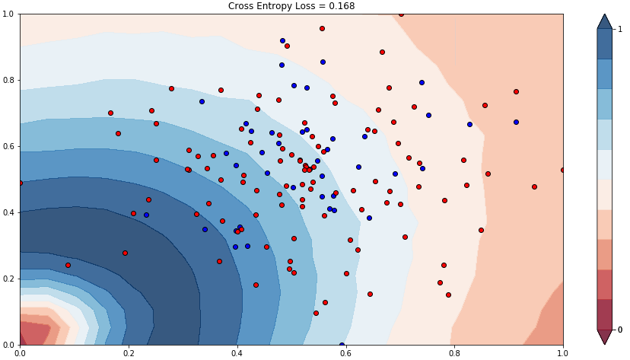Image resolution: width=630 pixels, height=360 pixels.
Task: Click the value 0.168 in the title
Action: tap(342, 6)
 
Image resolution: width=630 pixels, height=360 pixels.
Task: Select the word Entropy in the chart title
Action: tap(276, 6)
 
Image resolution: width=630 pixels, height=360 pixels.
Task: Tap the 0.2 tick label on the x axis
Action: tap(129, 353)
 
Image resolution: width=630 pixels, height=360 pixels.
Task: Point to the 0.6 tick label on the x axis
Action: tap(345, 353)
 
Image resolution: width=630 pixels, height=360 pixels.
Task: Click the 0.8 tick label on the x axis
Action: tap(454, 353)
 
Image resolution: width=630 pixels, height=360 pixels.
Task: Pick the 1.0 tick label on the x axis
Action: tap(562, 353)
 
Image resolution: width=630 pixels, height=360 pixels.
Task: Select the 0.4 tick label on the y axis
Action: tap(9, 212)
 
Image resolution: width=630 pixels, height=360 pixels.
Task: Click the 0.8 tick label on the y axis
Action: tap(9, 80)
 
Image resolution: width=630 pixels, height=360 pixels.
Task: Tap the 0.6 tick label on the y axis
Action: tap(9, 146)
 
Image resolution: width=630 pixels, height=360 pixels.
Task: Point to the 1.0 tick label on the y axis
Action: tap(9, 14)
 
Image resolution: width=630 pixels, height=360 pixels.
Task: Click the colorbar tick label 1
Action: tap(619, 29)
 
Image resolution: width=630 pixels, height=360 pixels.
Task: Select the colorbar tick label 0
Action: tap(619, 330)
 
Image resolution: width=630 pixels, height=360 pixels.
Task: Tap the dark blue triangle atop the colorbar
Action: tap(605, 21)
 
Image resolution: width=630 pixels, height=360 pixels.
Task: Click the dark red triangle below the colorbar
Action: tap(605, 336)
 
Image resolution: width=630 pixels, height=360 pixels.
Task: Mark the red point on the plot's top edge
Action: tap(401, 14)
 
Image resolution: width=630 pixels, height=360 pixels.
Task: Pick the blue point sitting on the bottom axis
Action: tap(342, 345)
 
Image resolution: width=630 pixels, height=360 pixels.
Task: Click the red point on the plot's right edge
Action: tap(563, 170)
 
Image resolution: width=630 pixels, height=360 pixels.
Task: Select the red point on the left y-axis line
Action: tap(20, 183)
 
